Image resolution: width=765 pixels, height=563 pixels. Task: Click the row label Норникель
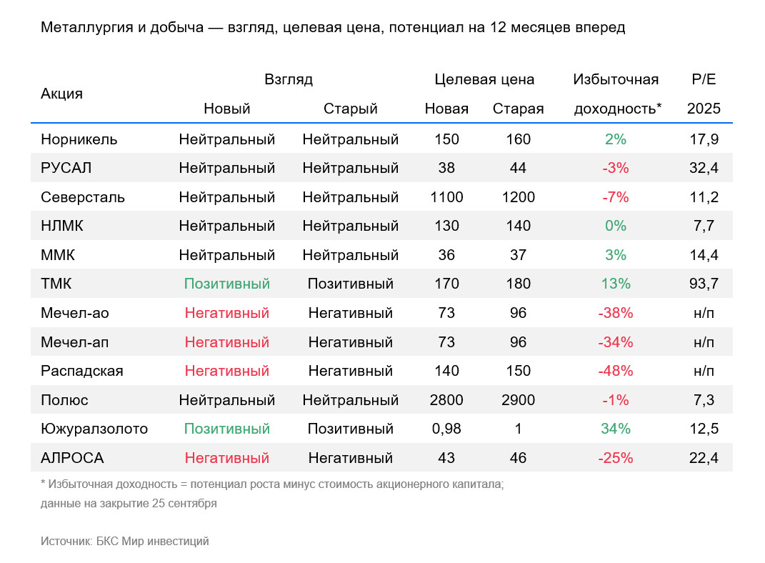coord(79,139)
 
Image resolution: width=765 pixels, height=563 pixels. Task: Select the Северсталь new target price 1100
coord(446,197)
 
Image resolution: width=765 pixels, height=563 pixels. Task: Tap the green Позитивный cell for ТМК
coord(227,284)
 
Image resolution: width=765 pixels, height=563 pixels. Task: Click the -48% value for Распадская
coord(616,371)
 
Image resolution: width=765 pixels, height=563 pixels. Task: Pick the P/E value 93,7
coord(704,284)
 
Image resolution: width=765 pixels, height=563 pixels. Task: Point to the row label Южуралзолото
coord(94,429)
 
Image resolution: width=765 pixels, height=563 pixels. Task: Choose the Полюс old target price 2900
coord(518,400)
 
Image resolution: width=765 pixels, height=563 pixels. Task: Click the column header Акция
coord(61,94)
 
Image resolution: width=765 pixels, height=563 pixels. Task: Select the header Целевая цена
coord(484,79)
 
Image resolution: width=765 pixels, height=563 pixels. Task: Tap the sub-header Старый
coord(350,109)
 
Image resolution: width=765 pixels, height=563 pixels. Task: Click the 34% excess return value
coord(616,429)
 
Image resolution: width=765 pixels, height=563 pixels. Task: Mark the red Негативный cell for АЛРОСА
coord(227,458)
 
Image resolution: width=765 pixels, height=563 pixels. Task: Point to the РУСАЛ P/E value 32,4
coord(704,168)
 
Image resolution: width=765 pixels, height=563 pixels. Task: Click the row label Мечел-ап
coord(75,342)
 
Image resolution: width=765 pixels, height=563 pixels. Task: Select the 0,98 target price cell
coord(446,429)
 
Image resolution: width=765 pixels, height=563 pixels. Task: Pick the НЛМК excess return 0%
coord(616,226)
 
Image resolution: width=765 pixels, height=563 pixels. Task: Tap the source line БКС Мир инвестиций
coord(152,541)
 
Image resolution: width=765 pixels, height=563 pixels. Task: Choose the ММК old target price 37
coord(518,255)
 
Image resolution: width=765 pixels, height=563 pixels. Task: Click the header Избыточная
coord(616,79)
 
